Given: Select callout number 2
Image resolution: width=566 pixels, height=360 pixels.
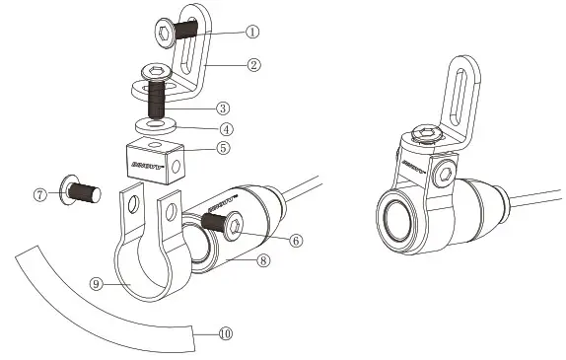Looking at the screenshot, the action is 252,65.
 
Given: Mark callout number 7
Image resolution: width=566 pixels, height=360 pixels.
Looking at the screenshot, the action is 40,194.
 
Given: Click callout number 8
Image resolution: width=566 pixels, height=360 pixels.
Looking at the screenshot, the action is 262,261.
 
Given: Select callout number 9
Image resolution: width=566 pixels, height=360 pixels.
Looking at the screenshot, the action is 96,283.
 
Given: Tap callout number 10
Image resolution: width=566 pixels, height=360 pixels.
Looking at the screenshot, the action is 225,333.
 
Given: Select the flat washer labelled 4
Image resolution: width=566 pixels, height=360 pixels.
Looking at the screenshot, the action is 157,125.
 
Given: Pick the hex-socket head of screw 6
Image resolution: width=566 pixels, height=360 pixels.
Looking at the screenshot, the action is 234,230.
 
